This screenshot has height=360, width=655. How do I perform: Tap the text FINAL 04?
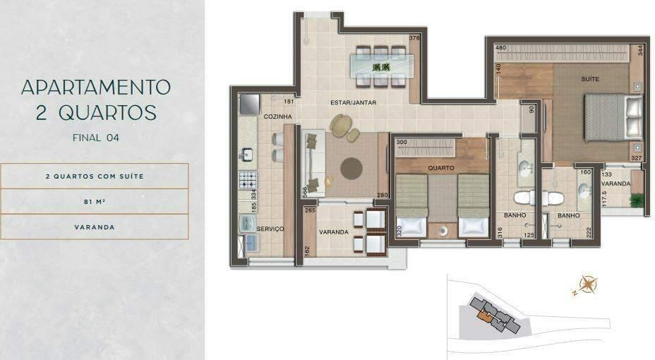(95, 138)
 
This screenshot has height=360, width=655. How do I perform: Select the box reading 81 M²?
(95, 202)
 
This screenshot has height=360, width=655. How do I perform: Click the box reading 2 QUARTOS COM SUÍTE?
(95, 176)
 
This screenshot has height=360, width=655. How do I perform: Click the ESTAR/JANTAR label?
(353, 103)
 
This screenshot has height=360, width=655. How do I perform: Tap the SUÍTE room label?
(590, 79)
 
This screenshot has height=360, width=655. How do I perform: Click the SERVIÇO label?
(270, 229)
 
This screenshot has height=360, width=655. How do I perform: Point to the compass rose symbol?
(587, 285)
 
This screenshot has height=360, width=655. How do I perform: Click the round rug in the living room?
(351, 168)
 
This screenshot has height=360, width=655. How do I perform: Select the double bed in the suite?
(613, 117)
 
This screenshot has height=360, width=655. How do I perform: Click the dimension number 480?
(501, 49)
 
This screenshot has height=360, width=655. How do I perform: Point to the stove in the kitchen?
(248, 181)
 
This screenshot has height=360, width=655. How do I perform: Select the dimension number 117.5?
(604, 199)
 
